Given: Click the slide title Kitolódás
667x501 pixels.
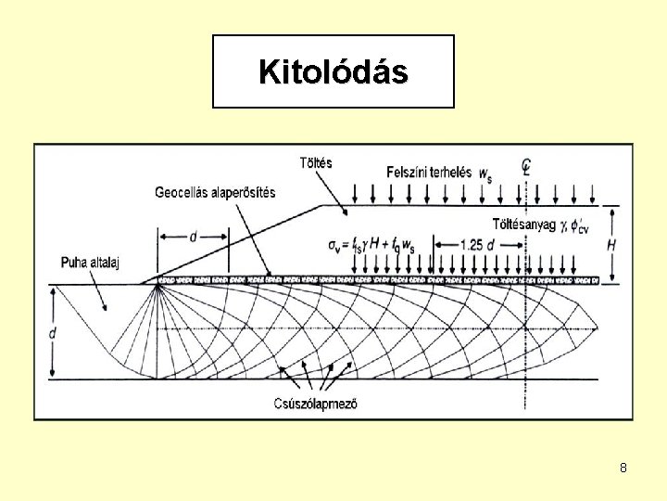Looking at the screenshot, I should pos(333,71).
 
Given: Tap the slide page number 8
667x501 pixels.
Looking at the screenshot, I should pos(623,468).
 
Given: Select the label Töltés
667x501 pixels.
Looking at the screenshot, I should pos(316,162).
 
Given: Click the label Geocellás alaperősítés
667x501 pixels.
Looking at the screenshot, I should pos(215,192).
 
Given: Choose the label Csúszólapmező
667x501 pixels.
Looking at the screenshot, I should pos(316,403).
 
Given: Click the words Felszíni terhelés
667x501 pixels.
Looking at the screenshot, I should pos(428,172).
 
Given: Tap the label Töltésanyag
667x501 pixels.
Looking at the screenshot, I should pos(523,223).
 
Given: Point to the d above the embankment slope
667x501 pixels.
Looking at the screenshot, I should pos(193,237).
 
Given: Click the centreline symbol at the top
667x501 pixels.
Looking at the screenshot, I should pos(525,168).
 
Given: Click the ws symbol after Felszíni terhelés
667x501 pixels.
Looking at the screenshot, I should pos(487,173).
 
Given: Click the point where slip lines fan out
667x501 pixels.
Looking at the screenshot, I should pos(158,284).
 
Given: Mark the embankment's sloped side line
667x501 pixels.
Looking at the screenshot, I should pos(232,244).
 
